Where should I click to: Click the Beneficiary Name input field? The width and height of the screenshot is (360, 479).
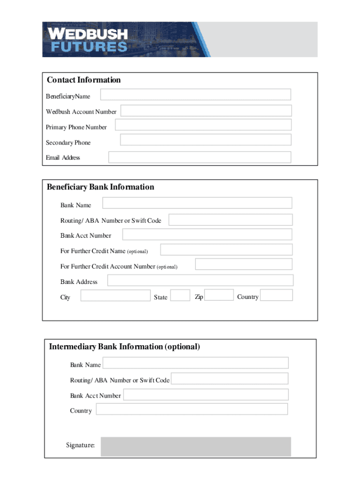(195, 94)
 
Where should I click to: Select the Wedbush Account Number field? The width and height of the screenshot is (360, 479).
(206, 111)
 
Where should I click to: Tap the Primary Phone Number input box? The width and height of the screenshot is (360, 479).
(203, 125)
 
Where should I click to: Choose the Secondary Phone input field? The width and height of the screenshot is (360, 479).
(205, 140)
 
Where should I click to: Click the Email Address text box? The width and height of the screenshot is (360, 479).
(200, 157)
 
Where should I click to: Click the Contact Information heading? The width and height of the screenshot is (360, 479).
(84, 80)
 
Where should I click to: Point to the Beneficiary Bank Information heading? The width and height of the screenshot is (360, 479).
(100, 187)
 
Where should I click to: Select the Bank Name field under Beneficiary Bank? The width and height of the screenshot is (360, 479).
(197, 203)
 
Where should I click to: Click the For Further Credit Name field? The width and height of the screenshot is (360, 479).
(226, 250)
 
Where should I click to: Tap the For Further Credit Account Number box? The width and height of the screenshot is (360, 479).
(244, 264)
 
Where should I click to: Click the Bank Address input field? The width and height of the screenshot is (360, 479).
(200, 280)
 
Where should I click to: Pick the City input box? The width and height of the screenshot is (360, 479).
(115, 296)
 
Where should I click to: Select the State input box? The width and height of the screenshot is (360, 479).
(180, 295)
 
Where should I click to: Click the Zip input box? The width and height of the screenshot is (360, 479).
(219, 295)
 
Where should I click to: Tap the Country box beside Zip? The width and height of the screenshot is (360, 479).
(276, 295)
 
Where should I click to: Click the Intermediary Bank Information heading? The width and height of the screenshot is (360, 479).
(124, 347)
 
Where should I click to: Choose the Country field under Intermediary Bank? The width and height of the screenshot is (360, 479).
(192, 409)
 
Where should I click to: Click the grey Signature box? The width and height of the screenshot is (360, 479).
(196, 446)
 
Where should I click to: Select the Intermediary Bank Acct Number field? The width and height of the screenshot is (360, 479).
(206, 395)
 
